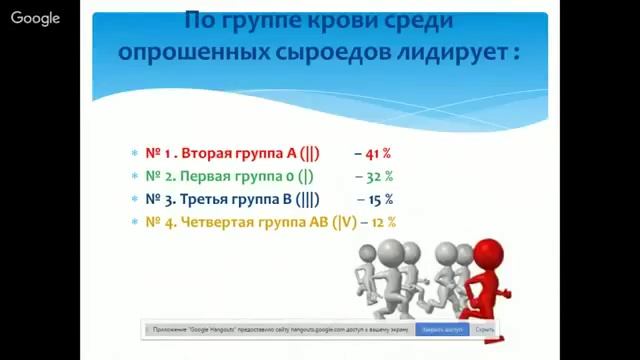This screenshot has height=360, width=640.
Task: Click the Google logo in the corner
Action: coord(36,18)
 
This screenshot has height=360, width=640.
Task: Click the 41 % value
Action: coord(373,154)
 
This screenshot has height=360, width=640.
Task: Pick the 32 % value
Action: coord(377,176)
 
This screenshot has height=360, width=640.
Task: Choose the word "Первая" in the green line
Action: coord(221,176)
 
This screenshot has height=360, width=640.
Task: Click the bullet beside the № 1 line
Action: coord(134,154)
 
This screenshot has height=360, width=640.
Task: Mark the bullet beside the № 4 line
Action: coord(134,221)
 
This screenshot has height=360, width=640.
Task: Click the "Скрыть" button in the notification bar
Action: coord(485,329)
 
